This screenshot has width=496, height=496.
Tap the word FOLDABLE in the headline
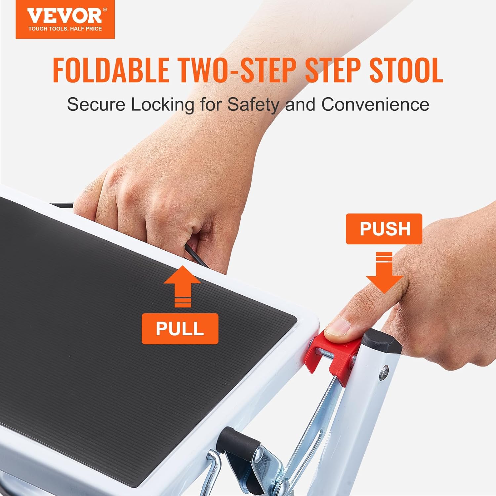pos(111,70)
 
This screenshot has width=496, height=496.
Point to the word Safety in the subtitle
pos(253,104)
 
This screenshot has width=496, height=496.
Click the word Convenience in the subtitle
pos(375,104)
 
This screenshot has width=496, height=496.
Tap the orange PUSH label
pos(384,229)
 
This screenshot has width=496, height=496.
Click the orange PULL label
pos(180,329)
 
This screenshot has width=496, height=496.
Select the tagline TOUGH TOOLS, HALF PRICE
pos(65,29)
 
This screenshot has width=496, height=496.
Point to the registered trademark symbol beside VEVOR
pos(105,10)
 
